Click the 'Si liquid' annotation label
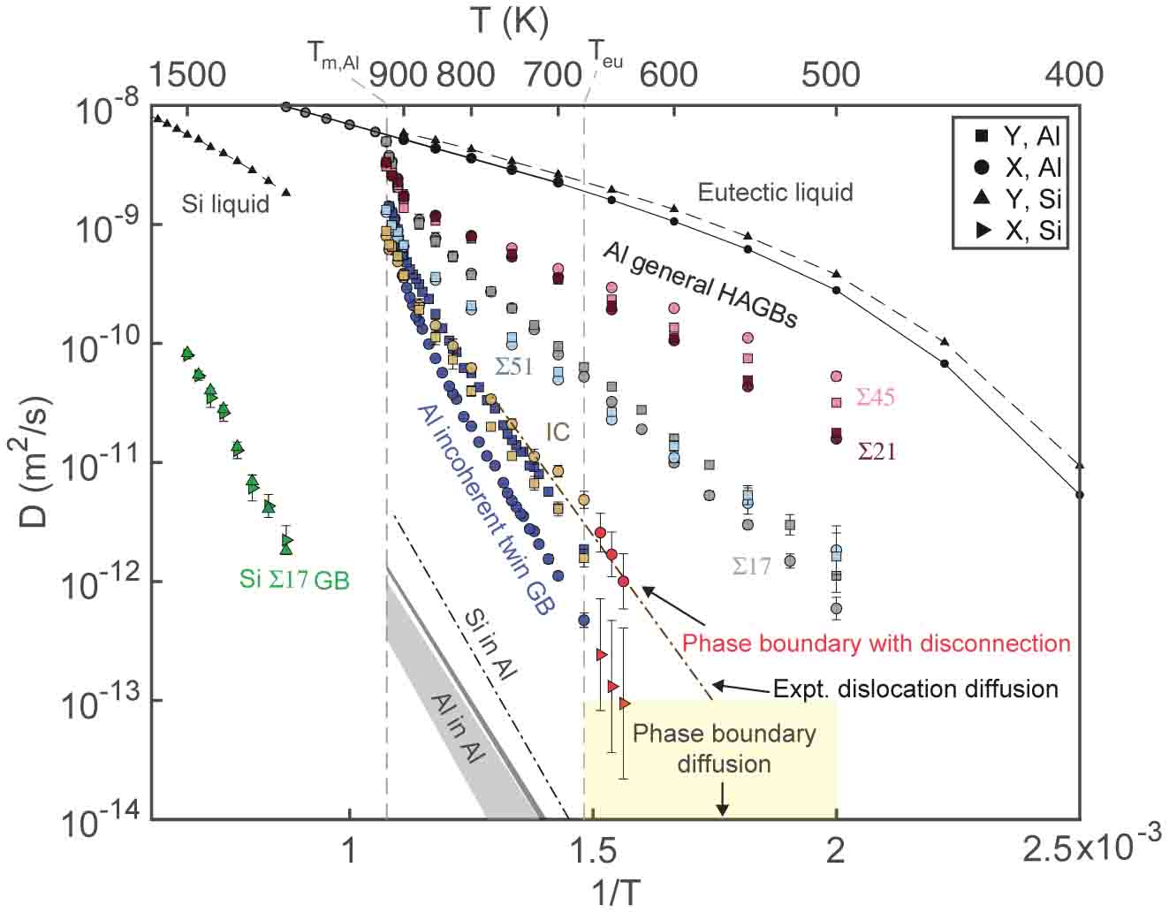225,203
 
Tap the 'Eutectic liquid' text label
775,192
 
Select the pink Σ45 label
875,397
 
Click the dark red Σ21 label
877,452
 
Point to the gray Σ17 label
751,566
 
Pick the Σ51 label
513,365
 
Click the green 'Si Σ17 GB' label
294,580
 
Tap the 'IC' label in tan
557,431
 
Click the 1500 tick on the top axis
187,74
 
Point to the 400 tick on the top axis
1074,74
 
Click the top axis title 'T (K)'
510,21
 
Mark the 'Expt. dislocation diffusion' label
915,689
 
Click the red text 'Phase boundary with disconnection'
877,643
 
